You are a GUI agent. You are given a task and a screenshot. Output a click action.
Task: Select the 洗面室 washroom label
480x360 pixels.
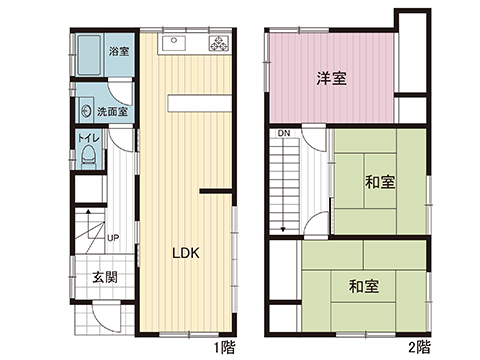pos(111,112)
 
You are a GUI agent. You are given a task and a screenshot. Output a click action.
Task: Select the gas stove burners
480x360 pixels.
pos(218,43)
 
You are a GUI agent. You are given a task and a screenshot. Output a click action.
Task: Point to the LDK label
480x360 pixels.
pos(186,254)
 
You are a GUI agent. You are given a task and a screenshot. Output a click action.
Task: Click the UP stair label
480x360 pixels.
pos(114,238)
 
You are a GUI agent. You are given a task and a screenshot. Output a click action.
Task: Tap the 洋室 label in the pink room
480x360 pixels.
pos(332,78)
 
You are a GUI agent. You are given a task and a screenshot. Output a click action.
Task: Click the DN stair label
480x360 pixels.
pos(284,133)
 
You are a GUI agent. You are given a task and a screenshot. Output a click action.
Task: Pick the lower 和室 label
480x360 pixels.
pos(363,287)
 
